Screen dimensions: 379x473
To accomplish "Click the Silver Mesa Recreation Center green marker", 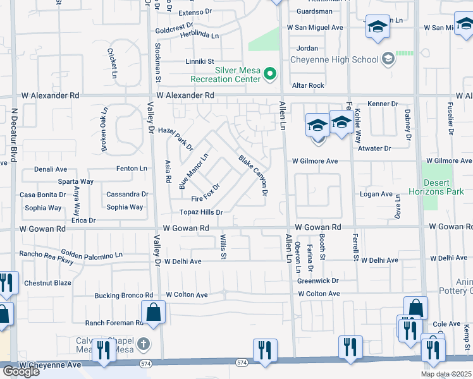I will [271, 75].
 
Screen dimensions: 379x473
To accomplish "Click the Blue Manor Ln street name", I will [193, 171].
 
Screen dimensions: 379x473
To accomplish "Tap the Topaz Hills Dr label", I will [201, 212].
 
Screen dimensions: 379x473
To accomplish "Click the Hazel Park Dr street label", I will [175, 134].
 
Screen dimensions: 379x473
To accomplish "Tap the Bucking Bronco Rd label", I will [124, 295].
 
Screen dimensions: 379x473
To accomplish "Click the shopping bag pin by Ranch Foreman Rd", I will [154, 311].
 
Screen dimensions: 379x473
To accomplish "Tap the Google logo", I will [20, 371].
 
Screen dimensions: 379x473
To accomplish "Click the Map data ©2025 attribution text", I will [446, 374].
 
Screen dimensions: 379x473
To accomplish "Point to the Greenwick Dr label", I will [318, 280].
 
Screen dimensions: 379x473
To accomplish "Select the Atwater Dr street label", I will [374, 148].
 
